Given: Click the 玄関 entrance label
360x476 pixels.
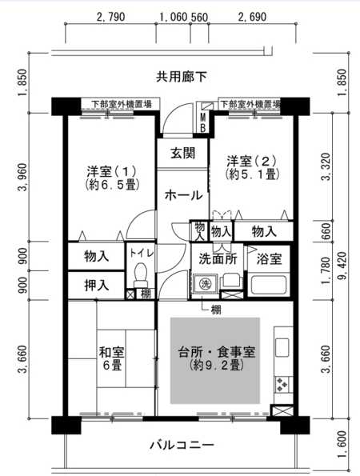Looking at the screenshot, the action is click(x=182, y=154).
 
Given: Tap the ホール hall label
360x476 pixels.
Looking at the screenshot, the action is click(x=183, y=194).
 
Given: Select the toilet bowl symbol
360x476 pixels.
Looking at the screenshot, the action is click(x=140, y=273).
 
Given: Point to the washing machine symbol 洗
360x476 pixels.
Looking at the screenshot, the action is click(x=206, y=284).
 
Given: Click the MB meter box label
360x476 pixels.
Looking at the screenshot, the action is click(x=203, y=122).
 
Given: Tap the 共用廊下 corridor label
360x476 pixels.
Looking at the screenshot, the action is click(x=182, y=77).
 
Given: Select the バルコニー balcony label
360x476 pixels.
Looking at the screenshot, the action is click(x=182, y=446).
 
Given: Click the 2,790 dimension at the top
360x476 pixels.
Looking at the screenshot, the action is click(x=110, y=17).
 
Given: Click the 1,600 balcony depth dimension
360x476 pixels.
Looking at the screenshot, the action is click(x=342, y=443).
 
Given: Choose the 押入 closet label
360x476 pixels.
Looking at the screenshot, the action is click(x=96, y=286).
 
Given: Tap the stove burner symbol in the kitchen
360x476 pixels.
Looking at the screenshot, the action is click(x=282, y=385).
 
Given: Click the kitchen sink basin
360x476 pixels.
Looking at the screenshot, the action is click(x=282, y=347).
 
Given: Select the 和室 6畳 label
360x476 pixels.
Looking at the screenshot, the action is click(x=112, y=358).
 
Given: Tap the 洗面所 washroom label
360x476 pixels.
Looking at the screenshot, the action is click(x=218, y=259).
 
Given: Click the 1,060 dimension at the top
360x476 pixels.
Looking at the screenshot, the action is click(x=174, y=17).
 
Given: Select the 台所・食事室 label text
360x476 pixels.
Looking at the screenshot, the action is click(x=217, y=352).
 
